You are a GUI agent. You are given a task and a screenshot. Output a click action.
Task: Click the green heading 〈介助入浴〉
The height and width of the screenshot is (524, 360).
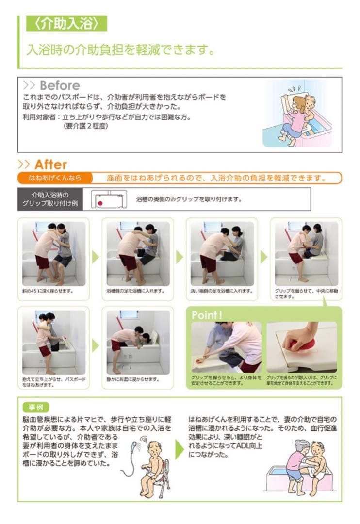click(x=66, y=23)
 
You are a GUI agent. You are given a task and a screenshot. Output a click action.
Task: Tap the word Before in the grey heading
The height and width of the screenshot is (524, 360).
click(x=60, y=85)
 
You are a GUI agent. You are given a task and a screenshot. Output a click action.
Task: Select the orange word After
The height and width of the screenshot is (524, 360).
click(x=50, y=164)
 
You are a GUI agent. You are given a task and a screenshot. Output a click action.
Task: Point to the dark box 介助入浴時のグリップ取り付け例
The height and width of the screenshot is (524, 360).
click(x=50, y=199)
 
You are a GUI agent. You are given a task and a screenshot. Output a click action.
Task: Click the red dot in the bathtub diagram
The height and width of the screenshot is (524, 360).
click(x=99, y=203)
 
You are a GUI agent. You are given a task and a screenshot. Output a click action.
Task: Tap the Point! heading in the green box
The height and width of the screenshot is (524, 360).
click(x=207, y=315)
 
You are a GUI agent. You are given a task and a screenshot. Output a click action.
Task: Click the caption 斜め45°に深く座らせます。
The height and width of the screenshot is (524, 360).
click(x=49, y=291)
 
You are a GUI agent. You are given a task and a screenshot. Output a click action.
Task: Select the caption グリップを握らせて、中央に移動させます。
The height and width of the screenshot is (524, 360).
click(x=306, y=294)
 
